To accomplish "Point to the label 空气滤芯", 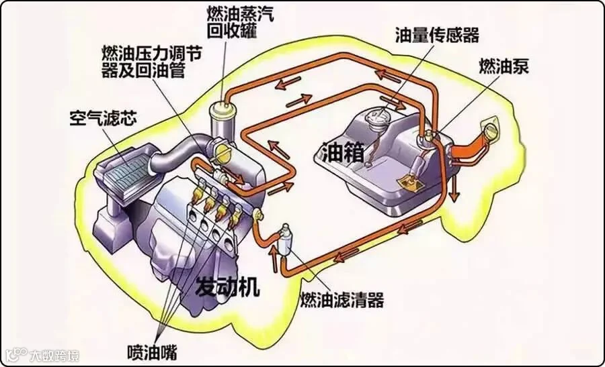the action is pos(103,119).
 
